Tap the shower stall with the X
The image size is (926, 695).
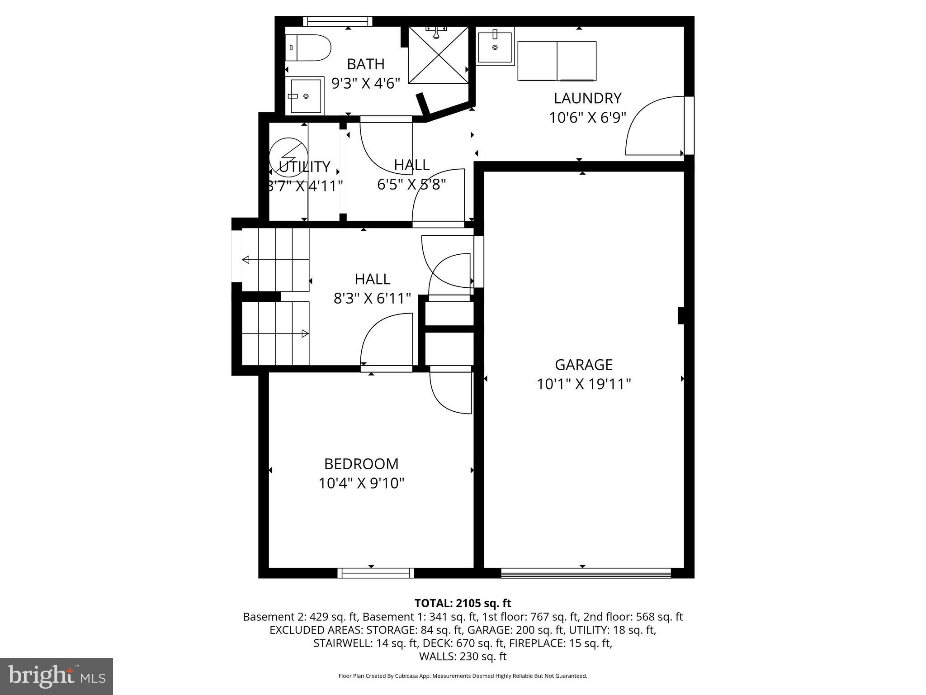pos(438,55)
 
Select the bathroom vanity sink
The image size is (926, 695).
pos(306,96)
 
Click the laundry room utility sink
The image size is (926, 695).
pos(496,46)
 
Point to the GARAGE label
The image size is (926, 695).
pos(583,365)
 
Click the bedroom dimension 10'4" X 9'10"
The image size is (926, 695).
pos(361,483)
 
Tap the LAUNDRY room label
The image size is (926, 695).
pos(587,98)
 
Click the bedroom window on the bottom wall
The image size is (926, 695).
pos(376,573)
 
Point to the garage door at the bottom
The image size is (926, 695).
pos(586,573)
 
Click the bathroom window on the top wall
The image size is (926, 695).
pos(337,21)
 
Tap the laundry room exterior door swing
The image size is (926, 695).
pos(653,126)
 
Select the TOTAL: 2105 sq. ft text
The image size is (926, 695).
pos(463,603)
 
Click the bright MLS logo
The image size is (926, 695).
pos(57,676)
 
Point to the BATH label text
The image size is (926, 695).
pos(365,64)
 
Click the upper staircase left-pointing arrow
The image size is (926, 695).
pos(246,260)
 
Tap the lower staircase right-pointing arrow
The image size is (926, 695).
pos(305,334)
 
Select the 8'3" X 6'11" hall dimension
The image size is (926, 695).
pos(372,298)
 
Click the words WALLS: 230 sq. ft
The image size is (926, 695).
pos(463,657)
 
